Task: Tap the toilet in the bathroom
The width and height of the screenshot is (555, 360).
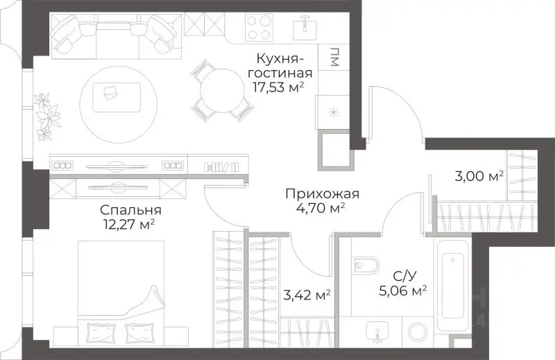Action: point(365,266)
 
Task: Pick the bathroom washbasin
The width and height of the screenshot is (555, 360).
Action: point(379,331)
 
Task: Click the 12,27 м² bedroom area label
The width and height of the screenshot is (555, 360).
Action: point(126,224)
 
